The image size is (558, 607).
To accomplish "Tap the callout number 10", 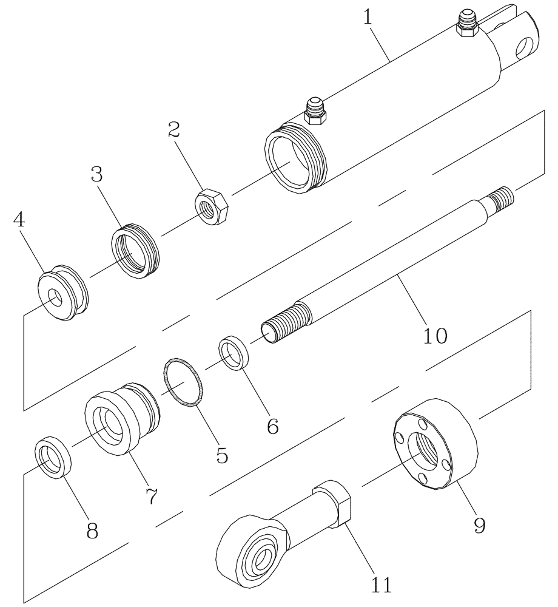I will click(434, 334).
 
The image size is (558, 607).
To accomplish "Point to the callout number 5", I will click(223, 455).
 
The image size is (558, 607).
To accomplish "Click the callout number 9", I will click(479, 524).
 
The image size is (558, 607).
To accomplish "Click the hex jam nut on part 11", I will click(332, 501).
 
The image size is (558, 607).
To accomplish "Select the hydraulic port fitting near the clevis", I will click(467, 23).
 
